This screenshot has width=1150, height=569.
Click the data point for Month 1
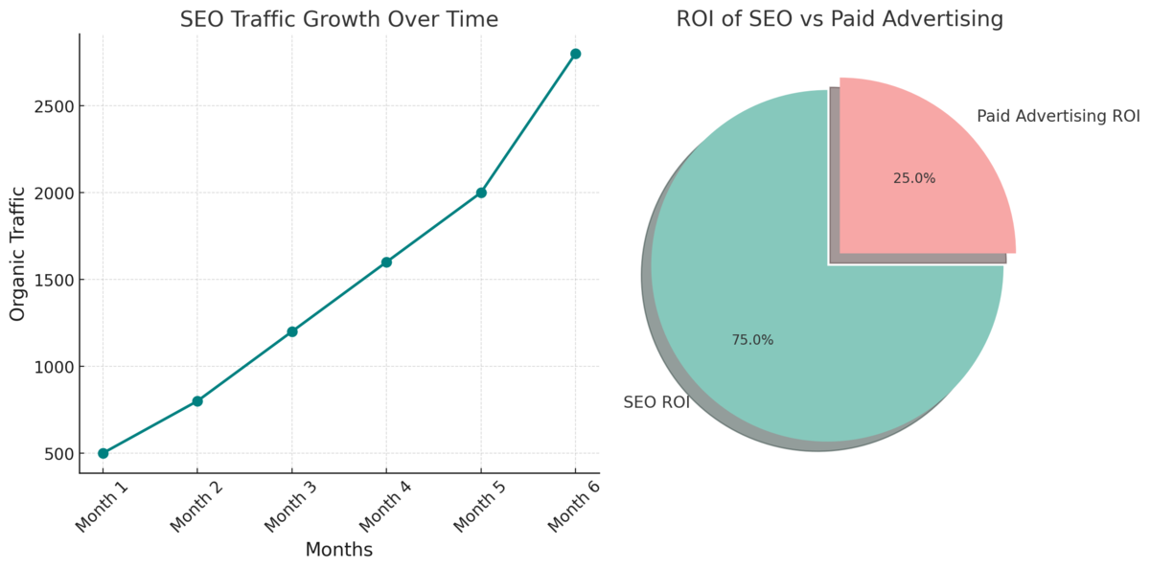click(103, 453)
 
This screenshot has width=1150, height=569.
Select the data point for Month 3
click(292, 331)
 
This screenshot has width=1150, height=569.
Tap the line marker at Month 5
click(481, 193)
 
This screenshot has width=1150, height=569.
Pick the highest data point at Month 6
click(575, 54)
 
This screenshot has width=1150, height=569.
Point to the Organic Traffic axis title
click(18, 253)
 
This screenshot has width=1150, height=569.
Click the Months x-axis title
click(338, 551)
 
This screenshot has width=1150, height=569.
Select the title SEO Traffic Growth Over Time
click(339, 19)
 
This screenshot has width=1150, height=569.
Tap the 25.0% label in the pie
click(914, 178)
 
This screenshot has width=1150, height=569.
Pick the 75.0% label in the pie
click(752, 340)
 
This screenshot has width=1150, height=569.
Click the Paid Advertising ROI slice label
click(1058, 117)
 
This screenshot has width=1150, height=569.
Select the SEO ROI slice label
click(656, 402)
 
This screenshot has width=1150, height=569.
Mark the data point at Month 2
click(197, 401)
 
